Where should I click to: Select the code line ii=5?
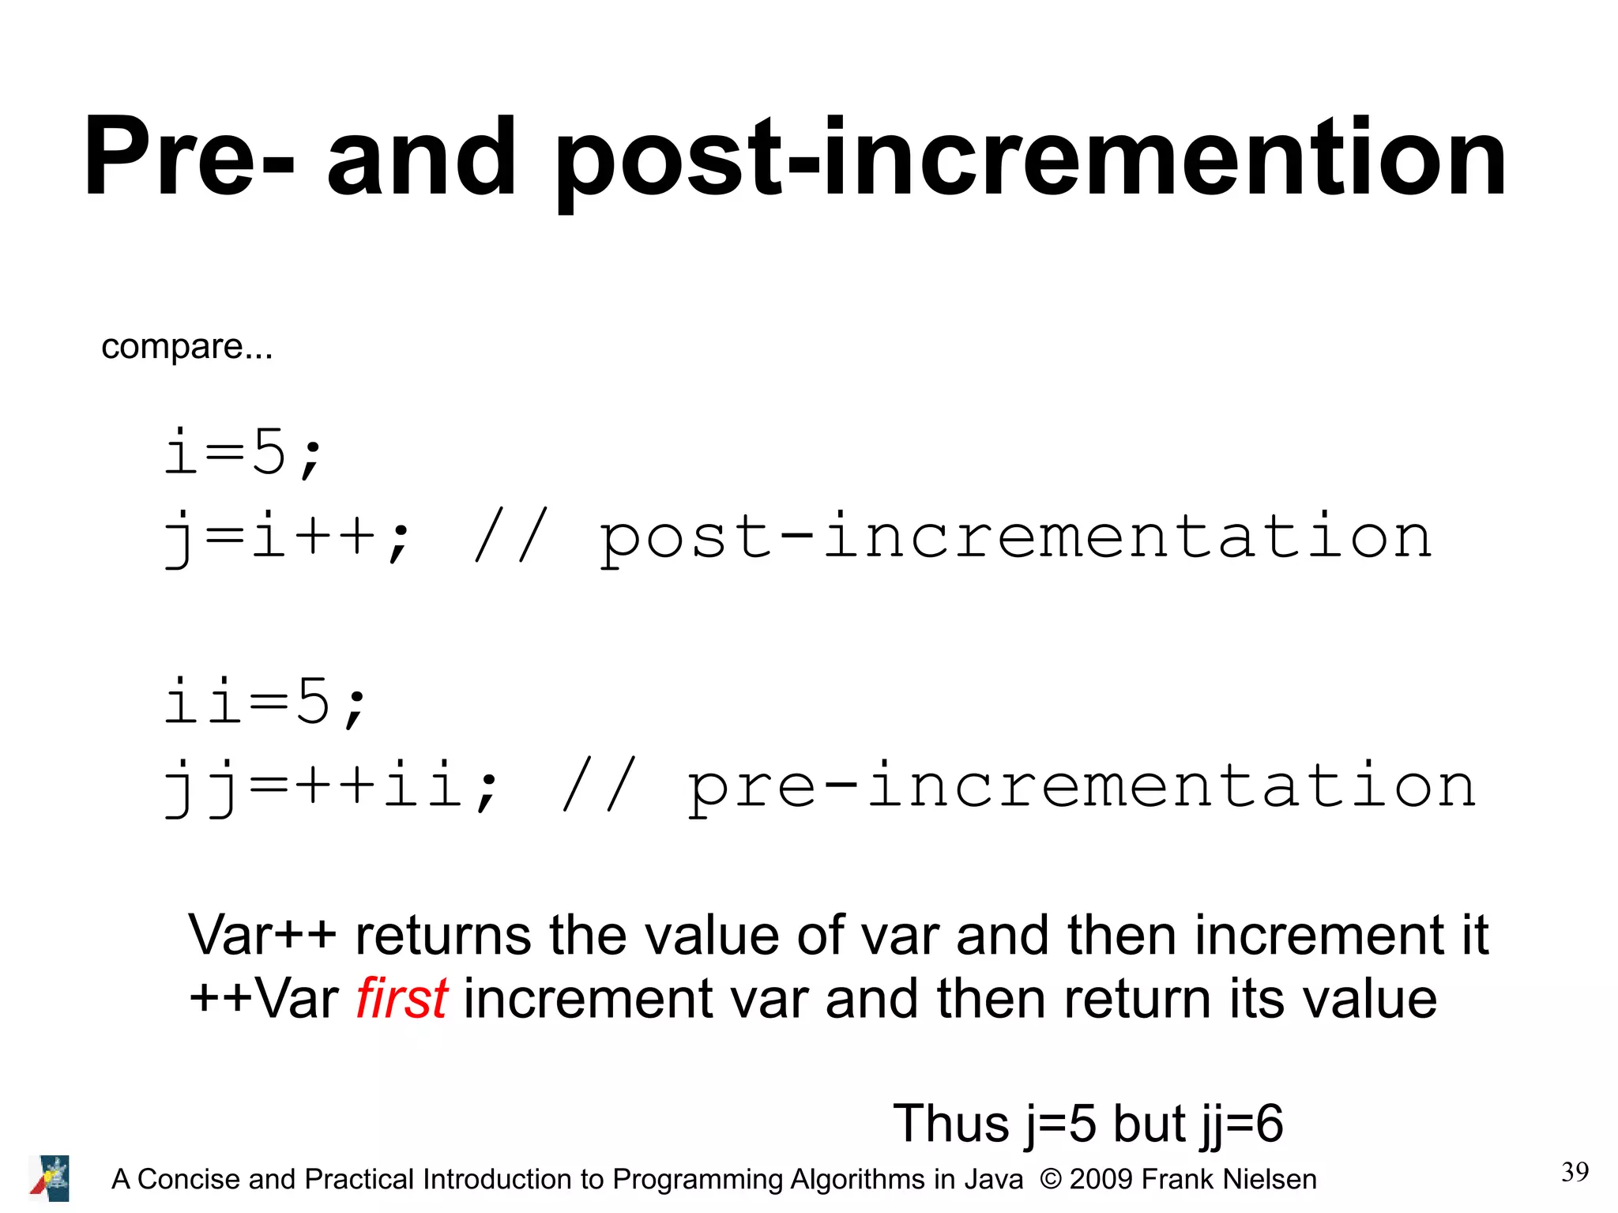[265, 702]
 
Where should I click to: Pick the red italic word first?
[401, 999]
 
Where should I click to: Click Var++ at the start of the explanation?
[262, 936]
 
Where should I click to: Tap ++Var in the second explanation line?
[264, 999]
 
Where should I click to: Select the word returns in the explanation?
[443, 936]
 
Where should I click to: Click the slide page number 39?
[1575, 1172]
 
